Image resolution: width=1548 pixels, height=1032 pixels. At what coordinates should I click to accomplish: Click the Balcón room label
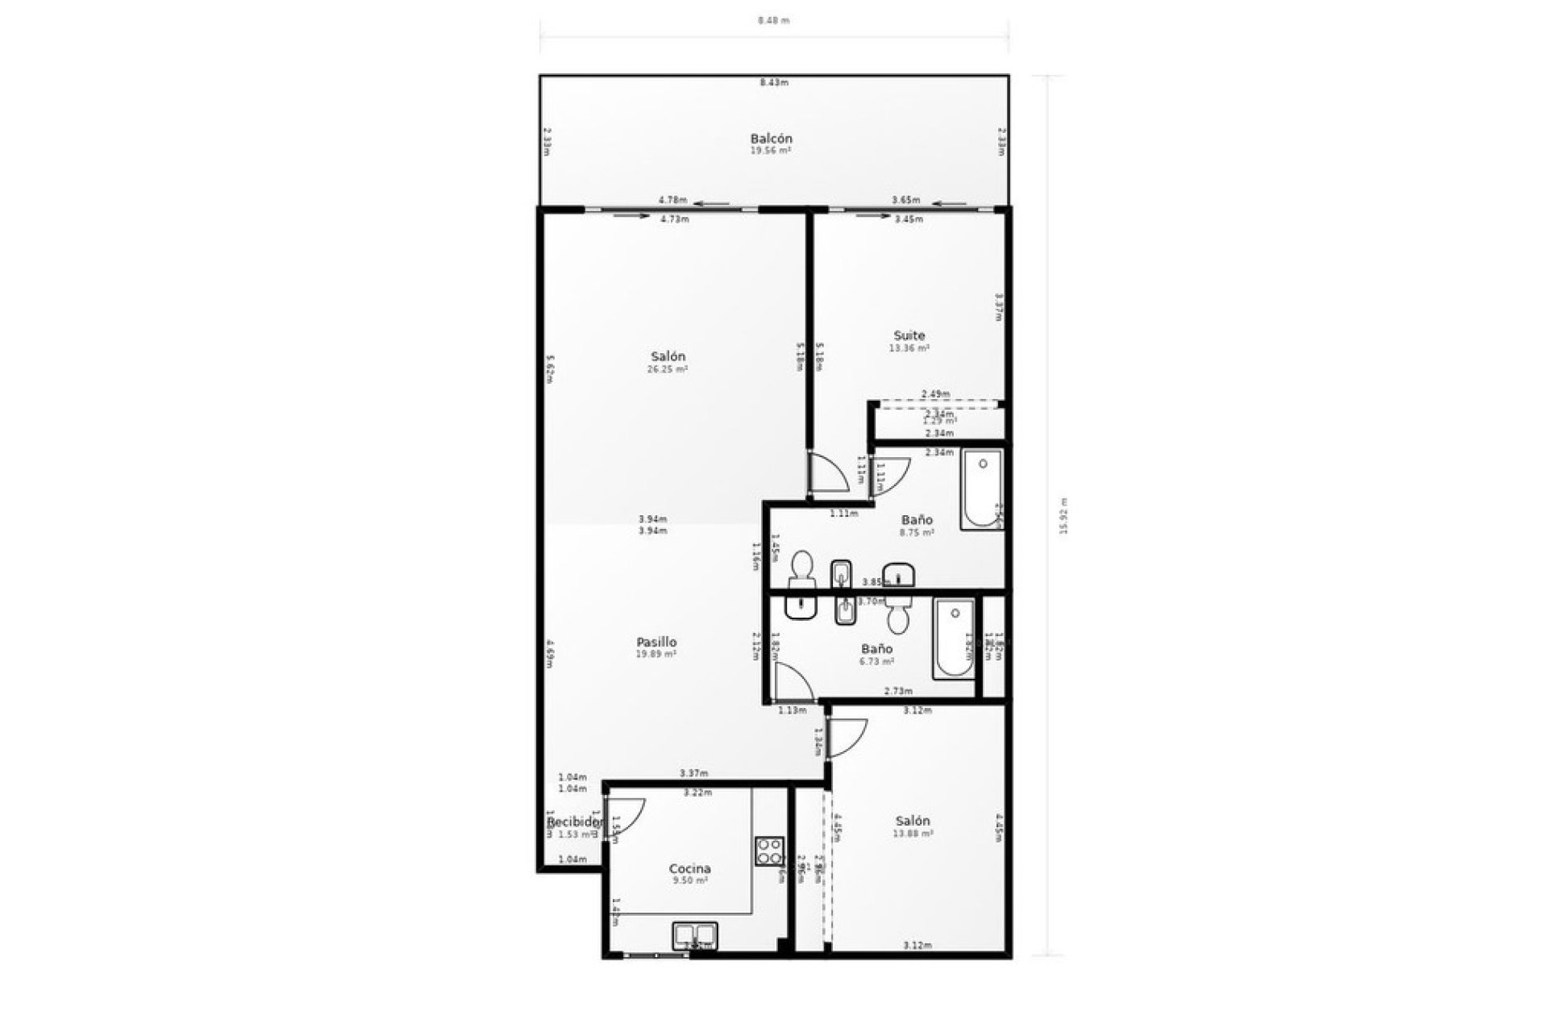pos(771,139)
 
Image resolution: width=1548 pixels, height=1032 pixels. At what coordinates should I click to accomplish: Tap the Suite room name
pos(909,335)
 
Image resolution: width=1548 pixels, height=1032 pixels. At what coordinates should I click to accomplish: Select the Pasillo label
pos(656,643)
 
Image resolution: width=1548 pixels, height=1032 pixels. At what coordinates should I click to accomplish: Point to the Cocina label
pos(689,868)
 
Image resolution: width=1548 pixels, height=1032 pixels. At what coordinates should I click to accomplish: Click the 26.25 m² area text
pos(668,369)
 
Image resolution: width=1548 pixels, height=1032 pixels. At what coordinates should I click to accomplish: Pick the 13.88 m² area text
pos(913,834)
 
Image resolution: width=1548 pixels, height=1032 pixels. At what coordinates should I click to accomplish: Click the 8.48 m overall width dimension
pos(773,21)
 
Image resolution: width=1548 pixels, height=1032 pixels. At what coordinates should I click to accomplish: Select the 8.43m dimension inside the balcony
pos(773,82)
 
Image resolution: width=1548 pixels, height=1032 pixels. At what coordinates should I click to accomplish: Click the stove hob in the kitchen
pos(769,851)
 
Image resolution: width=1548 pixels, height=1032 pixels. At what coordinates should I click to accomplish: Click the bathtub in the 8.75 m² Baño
pos(981,489)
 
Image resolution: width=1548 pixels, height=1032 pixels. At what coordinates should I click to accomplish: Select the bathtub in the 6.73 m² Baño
pos(954,639)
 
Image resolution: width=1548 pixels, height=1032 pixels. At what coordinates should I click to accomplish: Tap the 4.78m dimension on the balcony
pos(672,200)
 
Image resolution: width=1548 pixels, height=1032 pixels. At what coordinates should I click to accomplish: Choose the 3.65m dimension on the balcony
pos(906,200)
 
